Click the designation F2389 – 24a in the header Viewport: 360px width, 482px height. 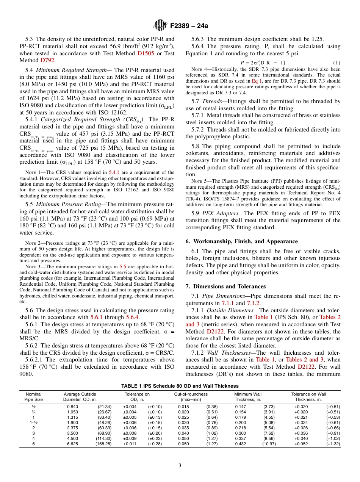(x=186, y=26)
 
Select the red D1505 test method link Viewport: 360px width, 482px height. (x=146, y=53)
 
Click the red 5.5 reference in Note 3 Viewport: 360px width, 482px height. (x=122, y=267)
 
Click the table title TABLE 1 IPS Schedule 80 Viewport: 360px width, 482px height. (x=180, y=386)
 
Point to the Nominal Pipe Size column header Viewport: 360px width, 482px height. (x=34, y=397)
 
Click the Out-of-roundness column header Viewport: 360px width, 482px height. (x=191, y=397)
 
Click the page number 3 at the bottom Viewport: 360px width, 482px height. (x=180, y=466)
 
